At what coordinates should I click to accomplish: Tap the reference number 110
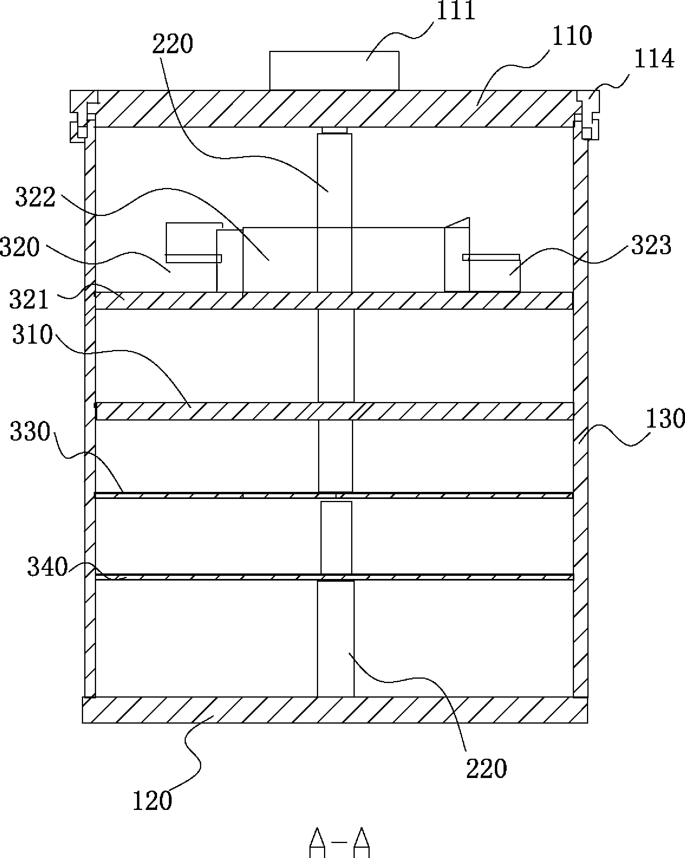point(572,36)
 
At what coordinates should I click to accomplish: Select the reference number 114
point(654,59)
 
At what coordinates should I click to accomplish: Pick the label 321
point(29,299)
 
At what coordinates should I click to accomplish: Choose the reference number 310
point(32,334)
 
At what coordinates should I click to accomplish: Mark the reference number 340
point(47,567)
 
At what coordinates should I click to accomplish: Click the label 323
point(651,245)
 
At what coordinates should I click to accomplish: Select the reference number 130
point(665,419)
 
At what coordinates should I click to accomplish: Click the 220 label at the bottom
point(486,768)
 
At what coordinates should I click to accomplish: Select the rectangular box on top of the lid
point(334,71)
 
